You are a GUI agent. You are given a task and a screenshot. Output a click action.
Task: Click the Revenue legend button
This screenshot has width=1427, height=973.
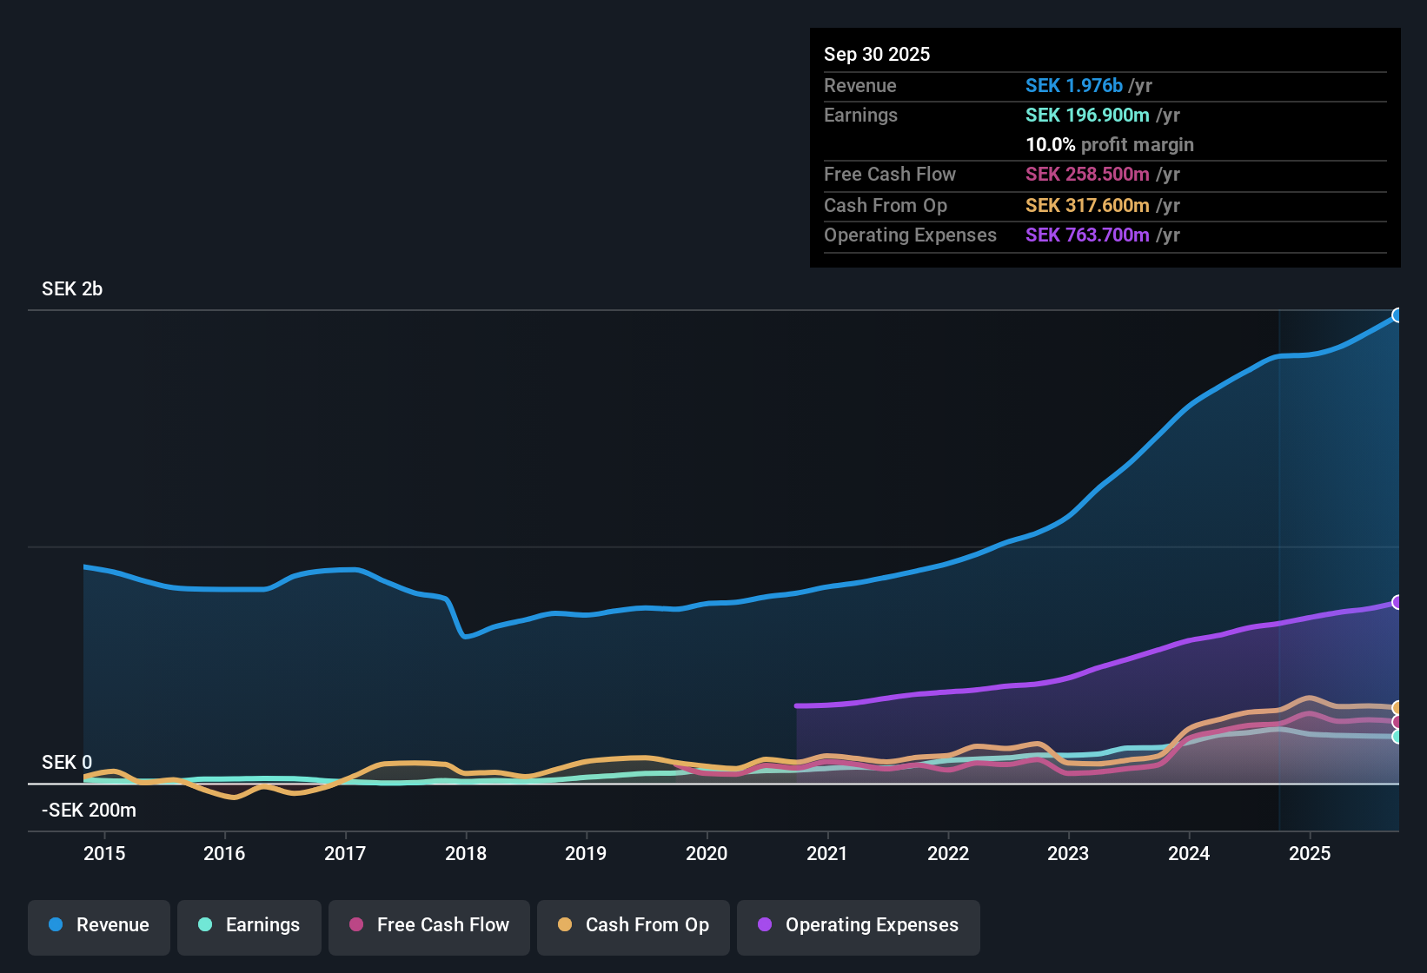(x=99, y=925)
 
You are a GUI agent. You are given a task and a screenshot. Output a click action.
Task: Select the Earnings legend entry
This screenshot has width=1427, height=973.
(x=249, y=925)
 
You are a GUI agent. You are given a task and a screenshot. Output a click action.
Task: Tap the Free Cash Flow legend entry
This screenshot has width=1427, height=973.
(x=429, y=925)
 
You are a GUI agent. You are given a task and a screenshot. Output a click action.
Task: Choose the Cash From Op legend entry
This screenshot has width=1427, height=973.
(x=634, y=925)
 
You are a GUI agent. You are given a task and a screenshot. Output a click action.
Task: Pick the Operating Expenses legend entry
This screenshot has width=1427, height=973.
(x=859, y=925)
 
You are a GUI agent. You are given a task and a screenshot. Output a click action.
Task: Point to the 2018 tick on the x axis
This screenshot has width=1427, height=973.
(x=466, y=853)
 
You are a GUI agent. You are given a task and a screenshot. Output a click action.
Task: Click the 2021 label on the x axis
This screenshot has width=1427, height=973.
(x=827, y=853)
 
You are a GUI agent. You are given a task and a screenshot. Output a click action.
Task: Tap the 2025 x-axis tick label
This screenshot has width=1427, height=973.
(x=1310, y=853)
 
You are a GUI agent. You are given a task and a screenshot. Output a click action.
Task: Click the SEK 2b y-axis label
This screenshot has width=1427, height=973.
(x=72, y=289)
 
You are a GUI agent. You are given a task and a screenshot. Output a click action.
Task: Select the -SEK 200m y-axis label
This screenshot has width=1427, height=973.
(x=89, y=811)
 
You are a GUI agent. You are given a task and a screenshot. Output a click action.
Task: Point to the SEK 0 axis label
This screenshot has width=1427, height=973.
(x=67, y=763)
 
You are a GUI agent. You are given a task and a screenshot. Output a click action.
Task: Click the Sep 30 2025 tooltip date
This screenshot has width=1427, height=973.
(x=877, y=55)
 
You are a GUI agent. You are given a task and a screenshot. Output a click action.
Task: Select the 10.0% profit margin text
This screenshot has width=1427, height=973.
(x=1109, y=145)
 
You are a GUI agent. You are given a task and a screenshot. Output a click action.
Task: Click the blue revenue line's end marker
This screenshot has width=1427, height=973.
(x=1397, y=315)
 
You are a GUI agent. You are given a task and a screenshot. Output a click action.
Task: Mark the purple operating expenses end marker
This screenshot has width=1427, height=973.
(x=1397, y=602)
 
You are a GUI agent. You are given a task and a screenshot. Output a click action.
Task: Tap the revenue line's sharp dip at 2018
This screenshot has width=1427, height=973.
(x=465, y=636)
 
